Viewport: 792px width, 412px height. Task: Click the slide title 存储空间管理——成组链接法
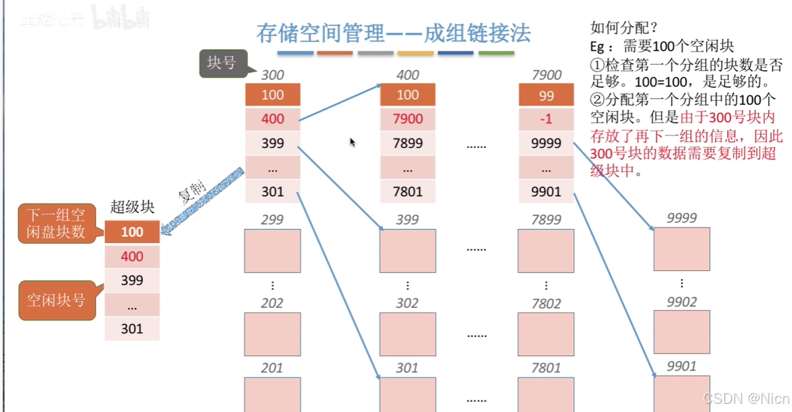pyautogui.click(x=393, y=33)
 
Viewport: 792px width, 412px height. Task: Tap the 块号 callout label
pyautogui.click(x=222, y=63)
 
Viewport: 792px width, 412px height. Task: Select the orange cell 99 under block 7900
pyautogui.click(x=546, y=95)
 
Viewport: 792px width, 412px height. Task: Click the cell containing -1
pyautogui.click(x=546, y=119)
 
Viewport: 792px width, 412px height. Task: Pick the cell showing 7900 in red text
pyautogui.click(x=408, y=119)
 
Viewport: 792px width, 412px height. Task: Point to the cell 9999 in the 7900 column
pyautogui.click(x=546, y=143)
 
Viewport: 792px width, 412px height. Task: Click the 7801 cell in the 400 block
pyautogui.click(x=408, y=191)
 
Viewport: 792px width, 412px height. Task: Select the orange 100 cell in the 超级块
pyautogui.click(x=132, y=232)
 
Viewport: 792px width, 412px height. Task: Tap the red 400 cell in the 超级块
pyautogui.click(x=132, y=256)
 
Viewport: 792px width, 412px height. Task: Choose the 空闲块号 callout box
pyautogui.click(x=56, y=299)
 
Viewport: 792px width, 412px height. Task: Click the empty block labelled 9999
pyautogui.click(x=682, y=249)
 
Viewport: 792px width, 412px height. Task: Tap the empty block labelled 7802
pyautogui.click(x=546, y=334)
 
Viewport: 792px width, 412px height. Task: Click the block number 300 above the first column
pyautogui.click(x=272, y=75)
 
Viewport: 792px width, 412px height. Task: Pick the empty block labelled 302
pyautogui.click(x=408, y=334)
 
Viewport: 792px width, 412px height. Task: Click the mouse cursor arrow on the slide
pyautogui.click(x=352, y=142)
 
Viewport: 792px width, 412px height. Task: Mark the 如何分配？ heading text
pyautogui.click(x=624, y=29)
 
